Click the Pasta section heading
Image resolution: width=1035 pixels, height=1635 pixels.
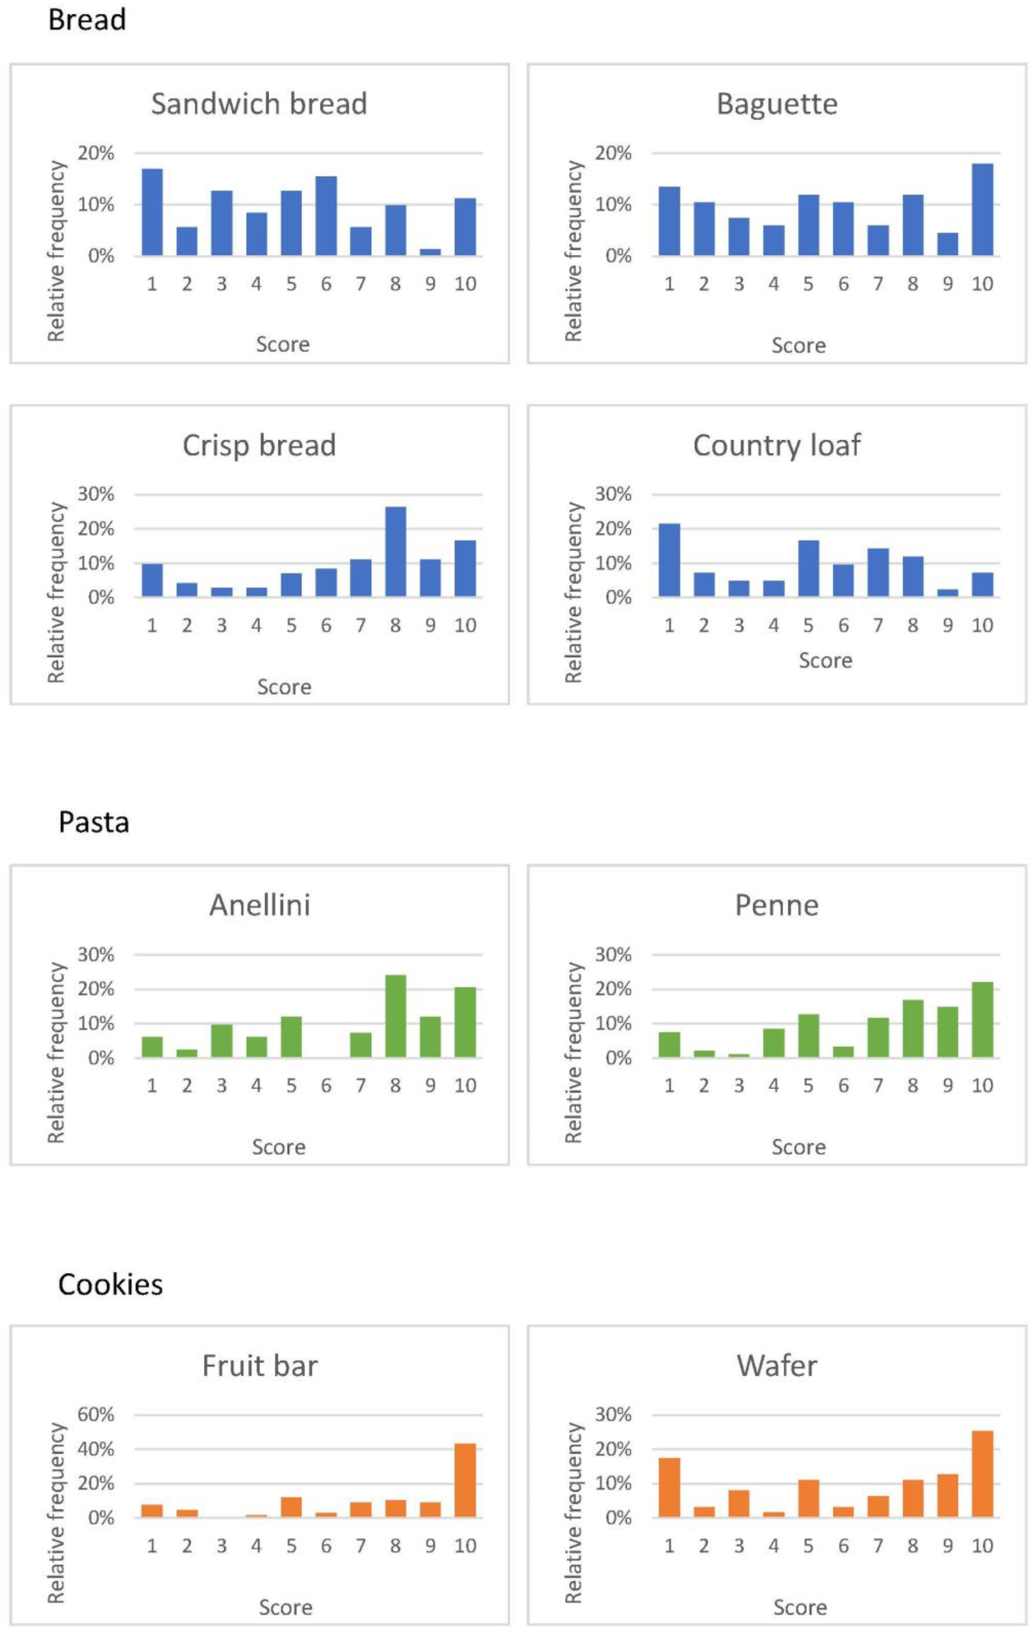[x=94, y=822]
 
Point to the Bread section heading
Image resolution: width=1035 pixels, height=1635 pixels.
[x=87, y=21]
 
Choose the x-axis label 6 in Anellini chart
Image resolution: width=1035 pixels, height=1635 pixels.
[x=326, y=1086]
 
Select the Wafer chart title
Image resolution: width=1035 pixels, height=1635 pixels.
[x=777, y=1365]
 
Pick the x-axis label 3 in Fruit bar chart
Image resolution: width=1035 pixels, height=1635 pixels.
[x=221, y=1546]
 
